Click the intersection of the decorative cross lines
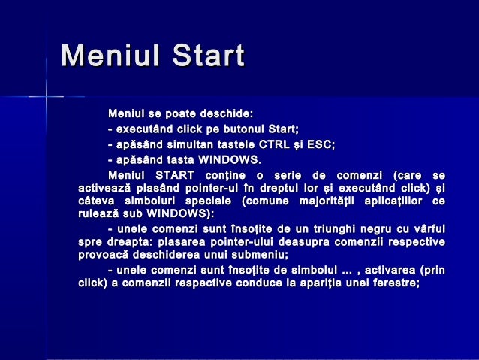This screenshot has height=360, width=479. point(46,96)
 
